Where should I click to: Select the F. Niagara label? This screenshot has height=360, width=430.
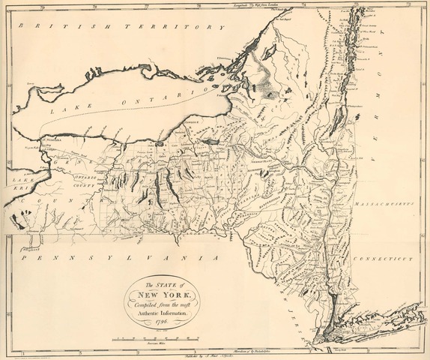pyautogui.click(x=50, y=140)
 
